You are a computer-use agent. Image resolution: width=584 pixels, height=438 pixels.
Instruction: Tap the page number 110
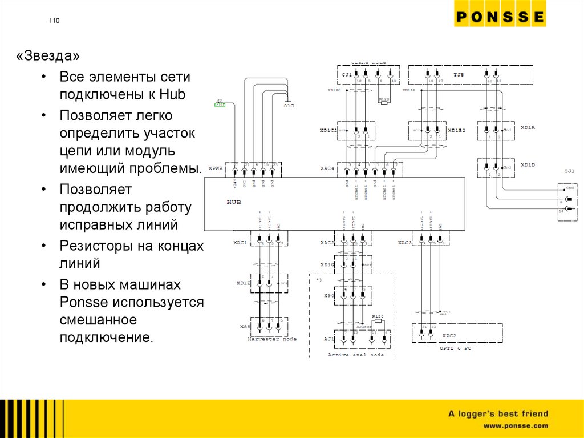tap(54, 21)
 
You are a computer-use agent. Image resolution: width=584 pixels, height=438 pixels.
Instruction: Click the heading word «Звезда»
tap(48, 57)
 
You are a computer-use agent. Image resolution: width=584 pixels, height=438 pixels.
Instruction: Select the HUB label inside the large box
tap(234, 202)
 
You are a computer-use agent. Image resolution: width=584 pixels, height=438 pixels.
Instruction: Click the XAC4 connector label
tap(327, 169)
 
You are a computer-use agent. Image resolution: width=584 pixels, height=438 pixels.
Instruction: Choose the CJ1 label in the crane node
tap(346, 75)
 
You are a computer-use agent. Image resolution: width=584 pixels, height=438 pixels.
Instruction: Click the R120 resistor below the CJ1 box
tap(383, 99)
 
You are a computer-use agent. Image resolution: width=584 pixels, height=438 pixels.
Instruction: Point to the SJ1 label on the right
tap(569, 171)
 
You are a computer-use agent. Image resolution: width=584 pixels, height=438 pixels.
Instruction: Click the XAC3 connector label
tap(404, 243)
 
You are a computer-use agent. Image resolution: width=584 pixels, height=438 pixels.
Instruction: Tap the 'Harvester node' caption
tap(272, 339)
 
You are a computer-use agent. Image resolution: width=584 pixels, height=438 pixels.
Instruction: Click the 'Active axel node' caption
tap(356, 355)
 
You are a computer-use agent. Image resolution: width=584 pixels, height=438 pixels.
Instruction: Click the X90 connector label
tap(328, 296)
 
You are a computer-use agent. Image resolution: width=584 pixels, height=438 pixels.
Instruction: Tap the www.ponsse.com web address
tap(516, 425)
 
